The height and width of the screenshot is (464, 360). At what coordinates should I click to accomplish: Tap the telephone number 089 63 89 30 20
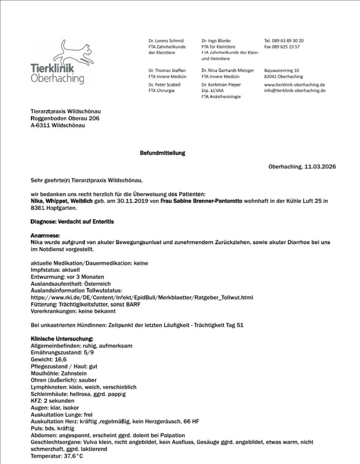pos(288,40)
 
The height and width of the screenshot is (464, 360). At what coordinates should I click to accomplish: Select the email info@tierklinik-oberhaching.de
pos(295,91)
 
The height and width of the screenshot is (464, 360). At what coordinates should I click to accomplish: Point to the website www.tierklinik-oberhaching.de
pos(295,84)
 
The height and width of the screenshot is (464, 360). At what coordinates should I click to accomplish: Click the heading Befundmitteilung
pos(162,153)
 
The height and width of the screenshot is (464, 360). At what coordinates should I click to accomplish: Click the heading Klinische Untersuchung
pos(62,339)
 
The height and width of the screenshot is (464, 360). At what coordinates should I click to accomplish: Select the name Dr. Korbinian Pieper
pos(221,84)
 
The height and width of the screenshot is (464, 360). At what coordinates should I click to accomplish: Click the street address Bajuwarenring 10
pos(281,71)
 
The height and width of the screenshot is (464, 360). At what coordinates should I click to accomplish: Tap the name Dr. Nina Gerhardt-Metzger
pos(228,71)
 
